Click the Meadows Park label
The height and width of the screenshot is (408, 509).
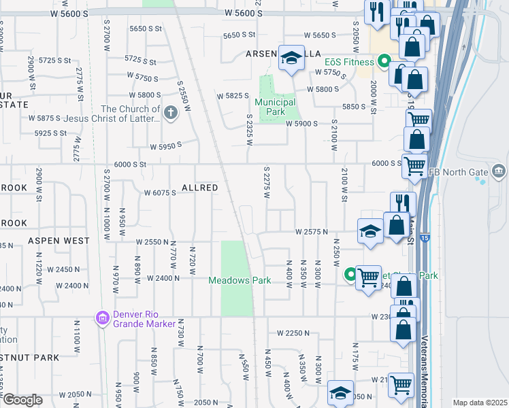[x=240, y=280]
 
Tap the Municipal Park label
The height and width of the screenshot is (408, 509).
[x=276, y=107]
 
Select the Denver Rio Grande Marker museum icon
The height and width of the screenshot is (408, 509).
[x=103, y=318]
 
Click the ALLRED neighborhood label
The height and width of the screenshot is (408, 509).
[x=199, y=187]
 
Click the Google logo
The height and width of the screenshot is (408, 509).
[x=22, y=399]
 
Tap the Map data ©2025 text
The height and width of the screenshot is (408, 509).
[x=480, y=403]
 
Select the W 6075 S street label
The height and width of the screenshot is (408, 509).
[x=160, y=192]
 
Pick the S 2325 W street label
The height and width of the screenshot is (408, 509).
[x=250, y=129]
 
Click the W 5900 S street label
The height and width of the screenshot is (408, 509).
[x=302, y=124]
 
